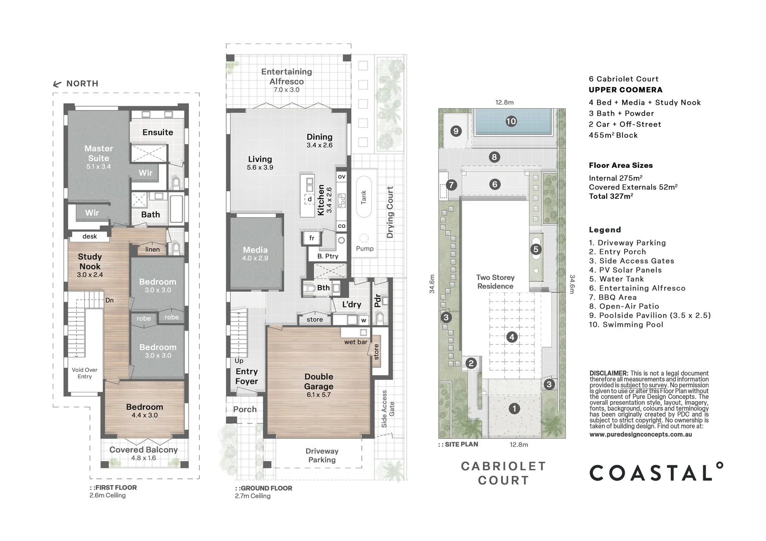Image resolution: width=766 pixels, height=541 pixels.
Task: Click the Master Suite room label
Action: [x=98, y=153]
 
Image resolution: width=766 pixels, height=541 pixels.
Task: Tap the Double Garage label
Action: [x=318, y=382]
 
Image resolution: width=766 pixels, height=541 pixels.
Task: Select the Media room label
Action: [x=255, y=250]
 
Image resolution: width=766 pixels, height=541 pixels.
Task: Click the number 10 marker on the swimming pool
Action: [x=511, y=121]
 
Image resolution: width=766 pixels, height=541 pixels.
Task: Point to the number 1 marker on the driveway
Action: [x=514, y=409]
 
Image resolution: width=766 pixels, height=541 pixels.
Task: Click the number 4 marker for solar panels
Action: [x=511, y=337]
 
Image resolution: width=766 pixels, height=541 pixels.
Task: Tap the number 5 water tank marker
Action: [x=535, y=249]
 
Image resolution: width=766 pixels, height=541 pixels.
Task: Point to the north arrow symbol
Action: [x=57, y=84]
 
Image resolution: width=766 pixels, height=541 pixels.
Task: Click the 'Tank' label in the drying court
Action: [x=364, y=197]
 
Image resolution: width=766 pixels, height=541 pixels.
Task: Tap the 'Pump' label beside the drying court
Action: [x=364, y=248]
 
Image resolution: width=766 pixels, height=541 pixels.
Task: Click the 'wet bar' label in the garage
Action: [x=355, y=342]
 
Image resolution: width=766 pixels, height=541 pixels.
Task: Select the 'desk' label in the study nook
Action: [x=90, y=236]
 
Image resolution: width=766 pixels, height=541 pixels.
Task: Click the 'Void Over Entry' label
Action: [x=85, y=373]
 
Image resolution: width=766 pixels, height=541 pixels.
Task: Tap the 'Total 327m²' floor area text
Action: [x=611, y=196]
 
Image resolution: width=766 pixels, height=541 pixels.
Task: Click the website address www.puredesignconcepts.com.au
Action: [x=641, y=434]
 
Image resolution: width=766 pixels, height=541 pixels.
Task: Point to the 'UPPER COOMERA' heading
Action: [x=625, y=90]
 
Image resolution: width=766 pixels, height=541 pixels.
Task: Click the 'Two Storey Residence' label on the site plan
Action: [x=495, y=282]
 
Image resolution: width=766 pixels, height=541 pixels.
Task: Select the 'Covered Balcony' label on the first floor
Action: [x=143, y=450]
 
